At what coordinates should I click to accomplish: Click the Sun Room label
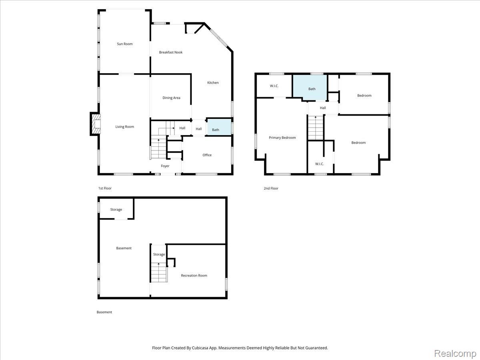[125, 44]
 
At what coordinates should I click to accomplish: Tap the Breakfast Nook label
[170, 52]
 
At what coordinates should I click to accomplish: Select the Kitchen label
[213, 83]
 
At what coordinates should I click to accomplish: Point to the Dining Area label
[171, 98]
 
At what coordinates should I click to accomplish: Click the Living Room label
[125, 127]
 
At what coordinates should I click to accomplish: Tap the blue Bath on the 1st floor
[219, 127]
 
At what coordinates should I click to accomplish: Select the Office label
[207, 155]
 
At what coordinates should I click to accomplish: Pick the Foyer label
[165, 166]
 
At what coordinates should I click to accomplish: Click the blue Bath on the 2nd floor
[310, 88]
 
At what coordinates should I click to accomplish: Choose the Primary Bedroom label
[282, 138]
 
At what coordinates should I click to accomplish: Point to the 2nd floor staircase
[316, 128]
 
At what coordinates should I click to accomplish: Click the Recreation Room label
[194, 276]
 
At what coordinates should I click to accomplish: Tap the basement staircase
[159, 272]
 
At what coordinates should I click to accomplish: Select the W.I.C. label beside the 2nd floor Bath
[274, 86]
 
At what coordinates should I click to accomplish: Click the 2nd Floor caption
[271, 188]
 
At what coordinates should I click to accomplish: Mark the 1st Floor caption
[105, 188]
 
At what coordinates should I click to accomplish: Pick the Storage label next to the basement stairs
[159, 254]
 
